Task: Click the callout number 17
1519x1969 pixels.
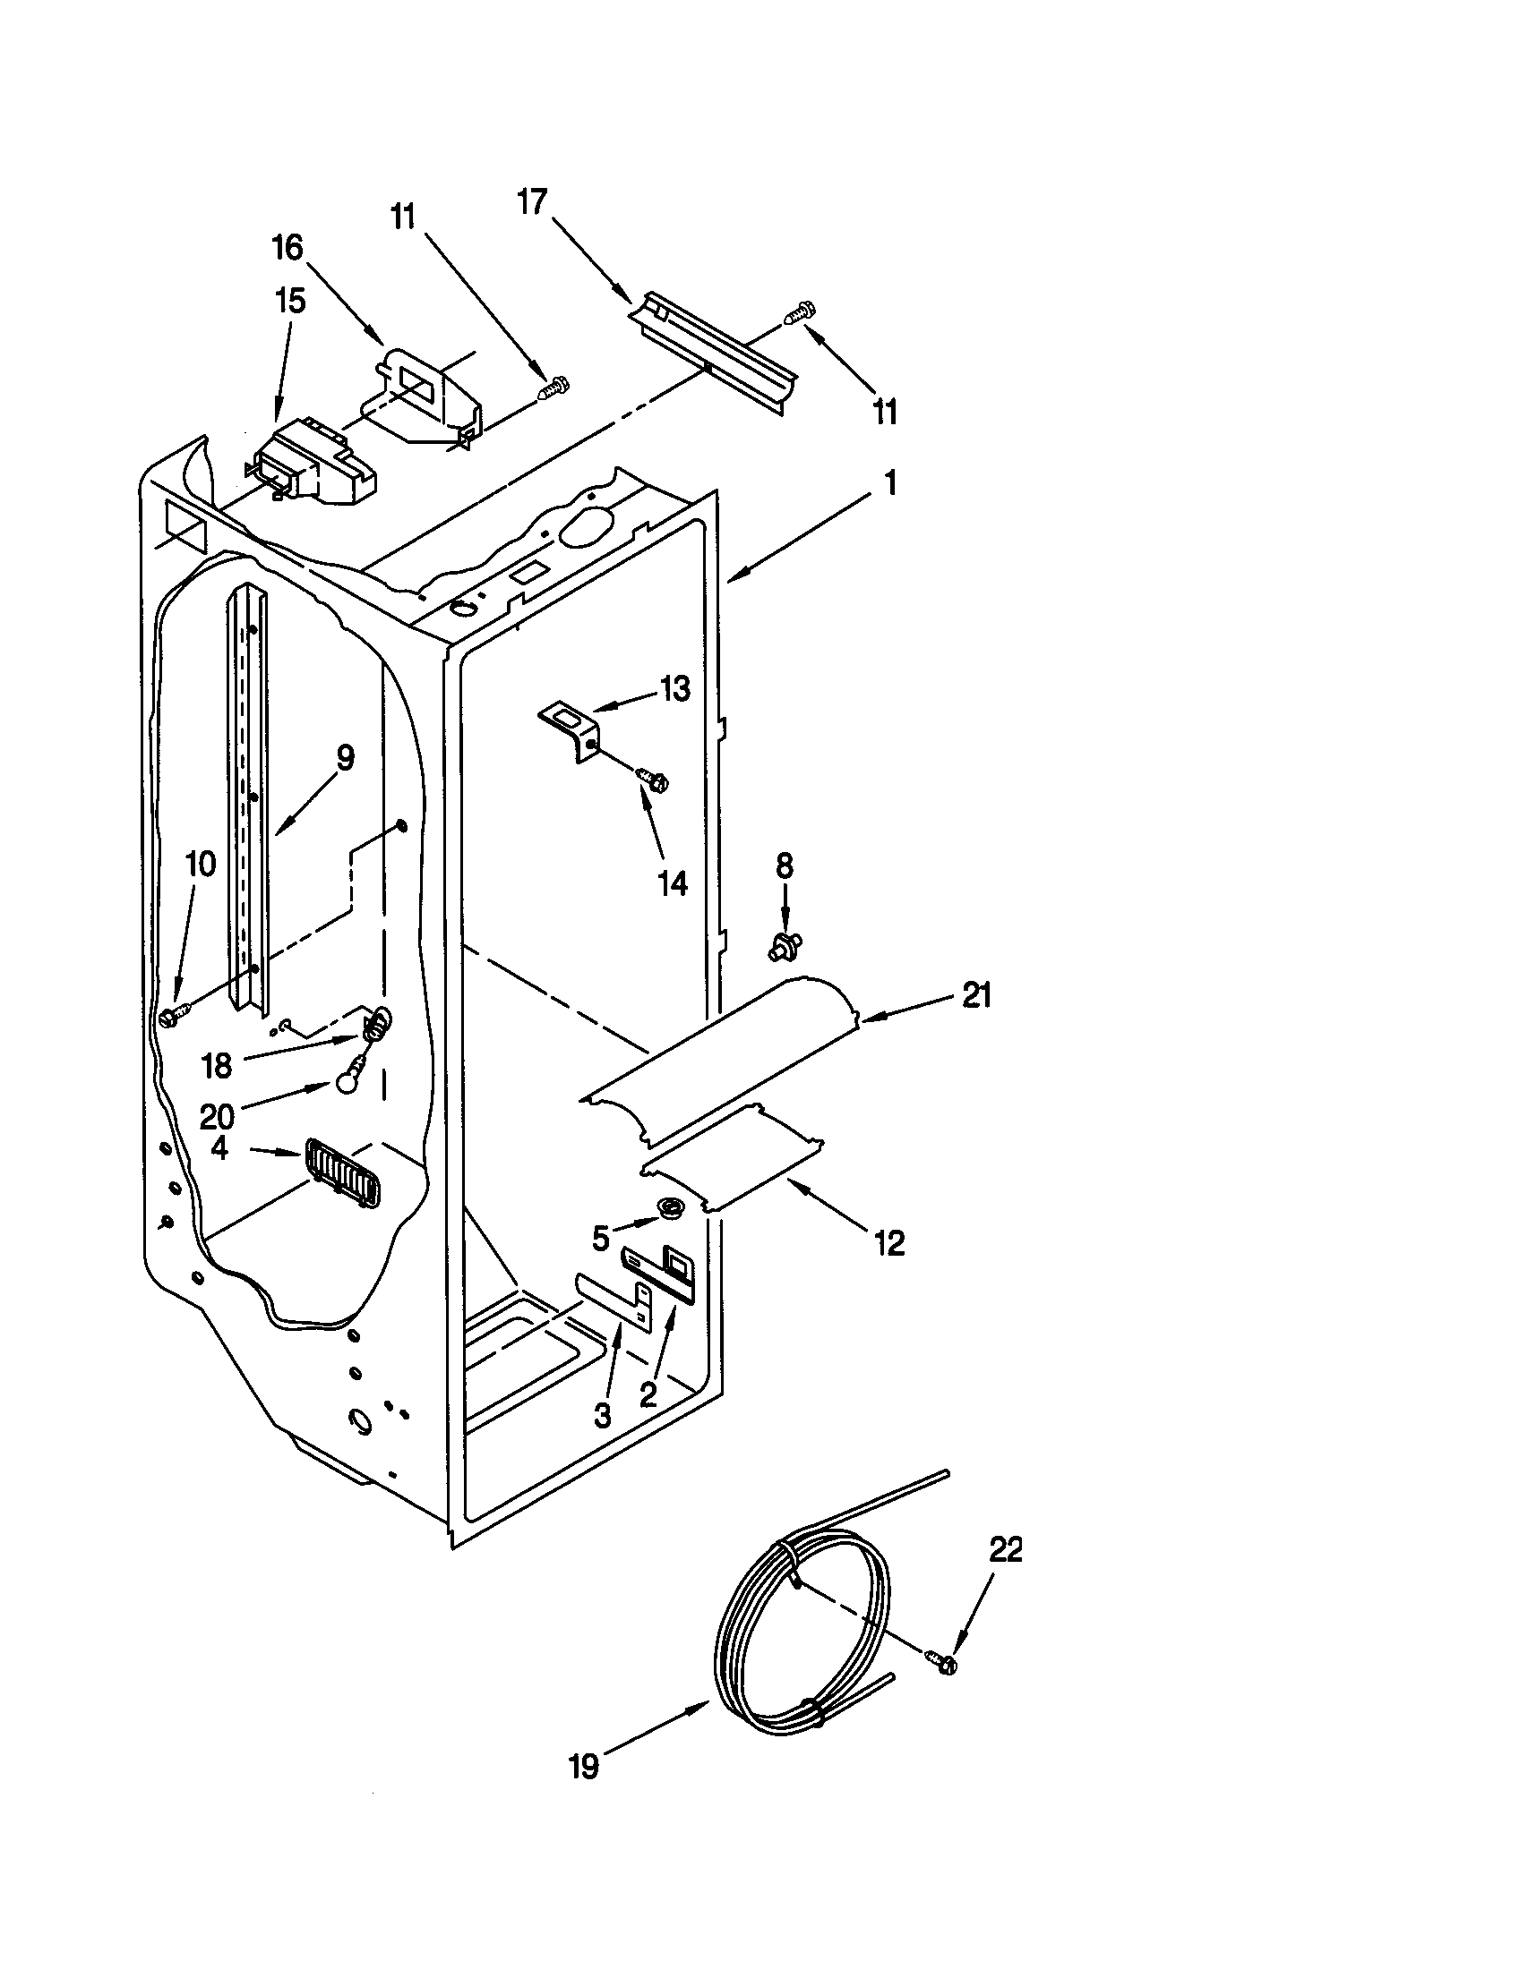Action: [x=532, y=202]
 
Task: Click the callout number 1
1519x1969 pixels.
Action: [x=890, y=484]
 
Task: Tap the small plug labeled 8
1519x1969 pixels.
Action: [x=785, y=946]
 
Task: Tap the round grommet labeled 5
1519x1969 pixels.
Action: [x=669, y=1208]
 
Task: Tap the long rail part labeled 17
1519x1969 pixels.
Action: [x=713, y=354]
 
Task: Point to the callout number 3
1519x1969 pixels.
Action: [x=602, y=1417]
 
